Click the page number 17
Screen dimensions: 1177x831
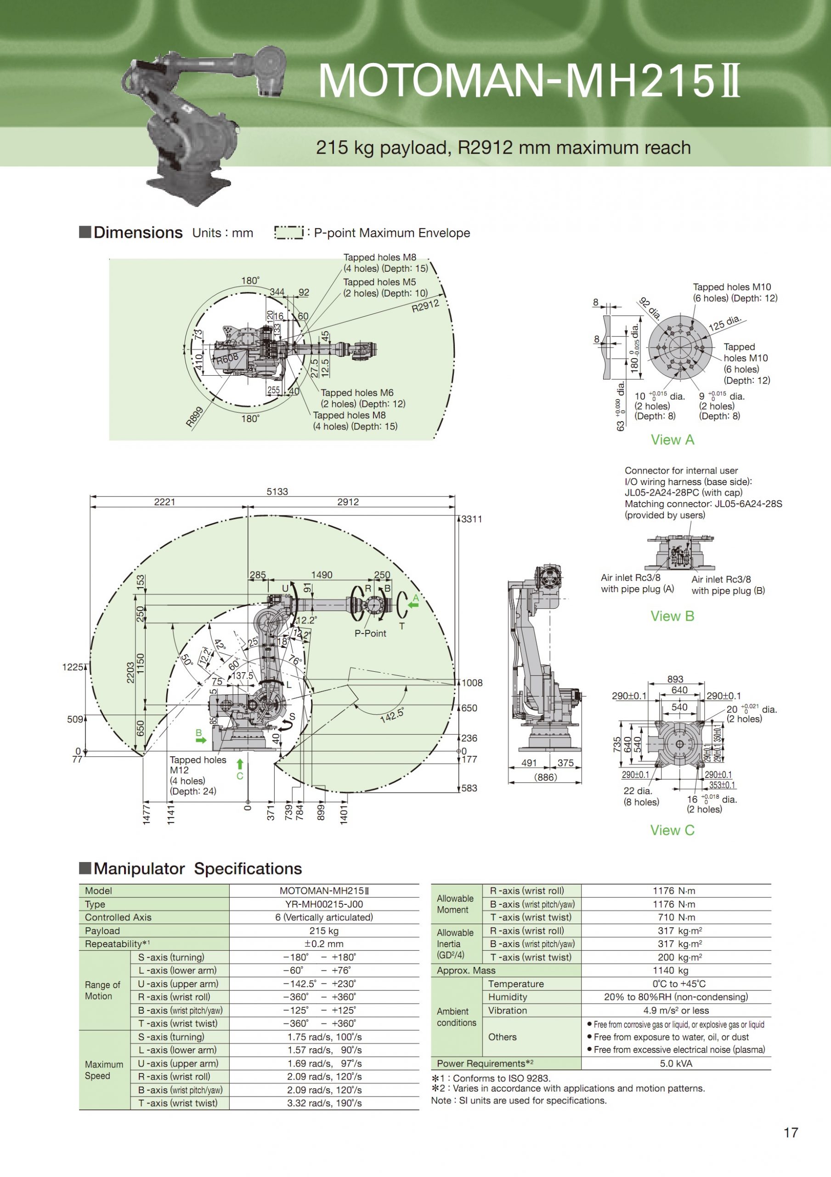[x=791, y=1132]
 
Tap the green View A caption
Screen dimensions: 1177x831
[x=672, y=440]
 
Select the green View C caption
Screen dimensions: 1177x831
[x=672, y=830]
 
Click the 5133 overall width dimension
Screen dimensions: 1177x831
[x=277, y=491]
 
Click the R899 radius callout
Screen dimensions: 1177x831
[x=195, y=416]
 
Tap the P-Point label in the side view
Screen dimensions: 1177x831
[x=370, y=634]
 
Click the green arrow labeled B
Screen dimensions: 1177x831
[x=201, y=740]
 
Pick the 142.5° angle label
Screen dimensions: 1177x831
[x=392, y=714]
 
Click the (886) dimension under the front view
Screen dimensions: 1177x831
[x=545, y=777]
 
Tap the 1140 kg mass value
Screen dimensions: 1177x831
[x=675, y=971]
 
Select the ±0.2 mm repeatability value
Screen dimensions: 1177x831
[x=324, y=944]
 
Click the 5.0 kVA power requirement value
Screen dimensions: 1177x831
[x=675, y=1063]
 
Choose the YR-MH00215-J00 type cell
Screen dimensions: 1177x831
[x=324, y=904]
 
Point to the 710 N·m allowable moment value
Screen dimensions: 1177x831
[x=675, y=917]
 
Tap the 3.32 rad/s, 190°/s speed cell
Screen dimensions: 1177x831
[x=324, y=1103]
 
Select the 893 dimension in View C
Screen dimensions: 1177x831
[x=675, y=679]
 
